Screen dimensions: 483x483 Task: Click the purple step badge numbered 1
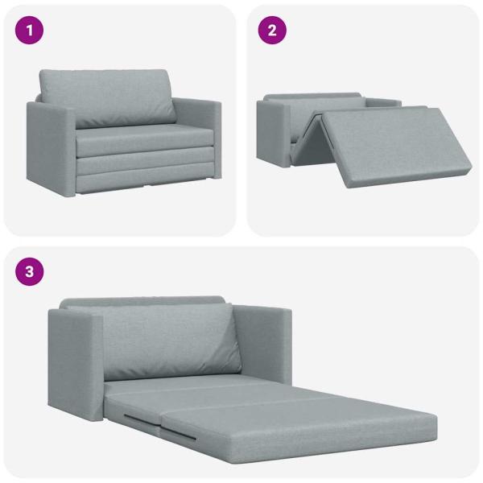click(x=30, y=31)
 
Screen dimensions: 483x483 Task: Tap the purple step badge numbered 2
click(x=272, y=31)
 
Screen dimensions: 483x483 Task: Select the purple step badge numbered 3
click(x=30, y=271)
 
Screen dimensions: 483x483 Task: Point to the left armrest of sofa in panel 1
click(x=52, y=145)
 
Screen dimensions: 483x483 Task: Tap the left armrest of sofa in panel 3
click(x=72, y=362)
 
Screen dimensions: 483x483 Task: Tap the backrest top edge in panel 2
click(x=314, y=97)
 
